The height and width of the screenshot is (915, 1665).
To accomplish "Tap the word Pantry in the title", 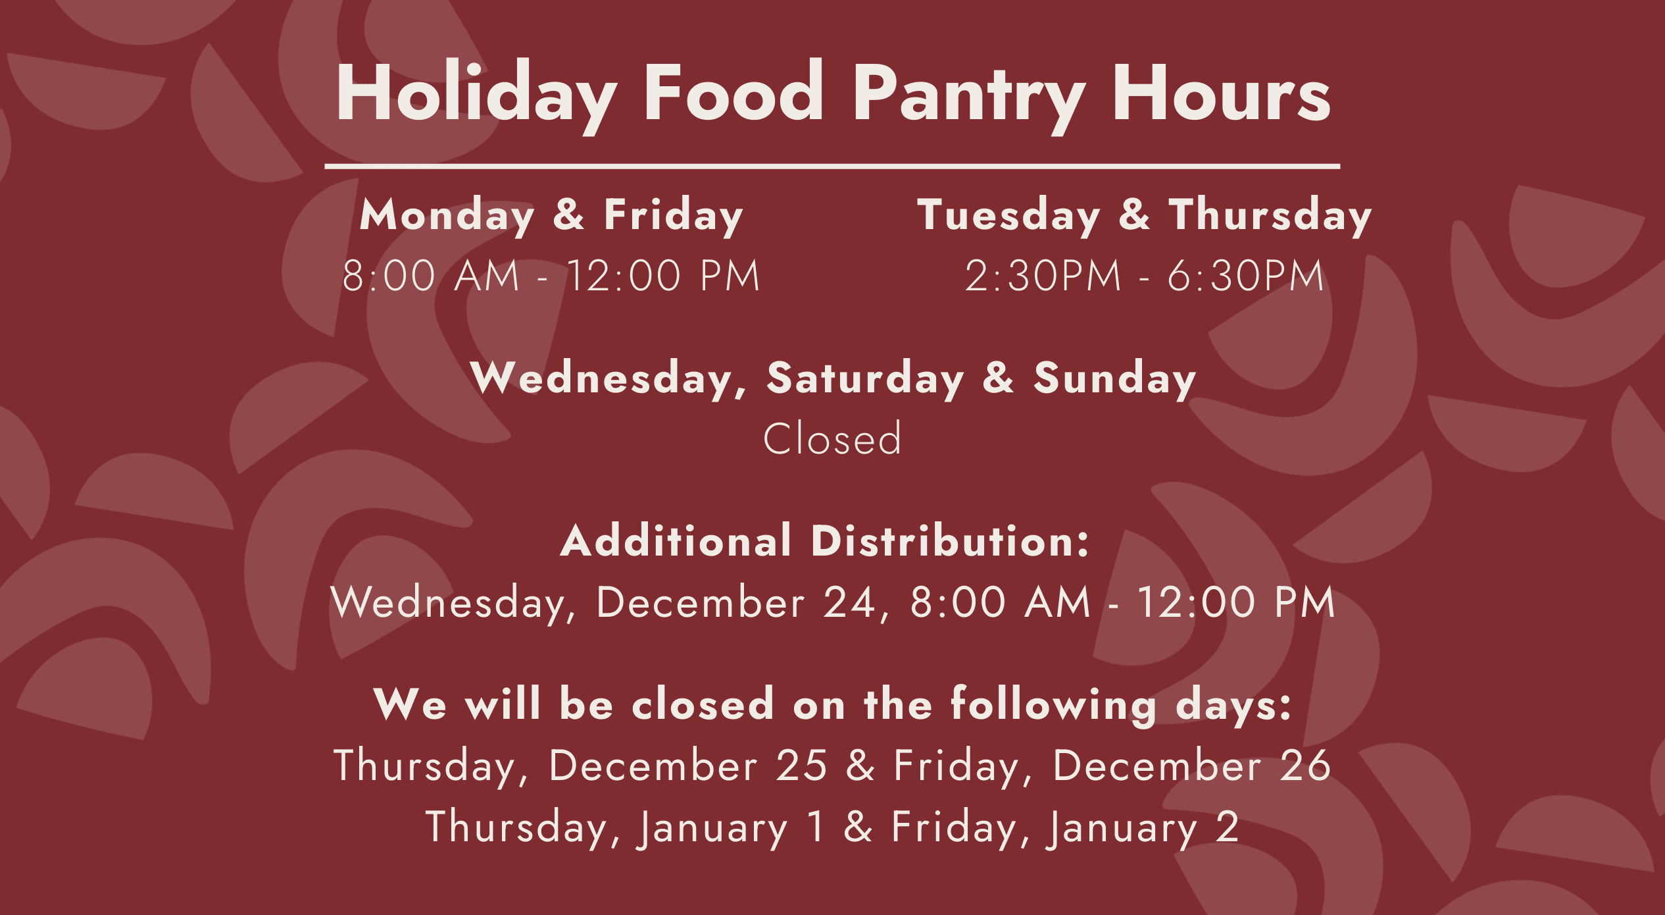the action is (970, 99).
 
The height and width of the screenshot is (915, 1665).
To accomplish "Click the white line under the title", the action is (832, 167).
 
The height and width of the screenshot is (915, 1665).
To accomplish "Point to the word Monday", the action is (447, 216).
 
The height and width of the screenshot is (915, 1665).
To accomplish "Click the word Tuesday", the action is (1008, 216).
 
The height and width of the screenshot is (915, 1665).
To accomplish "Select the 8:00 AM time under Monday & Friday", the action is (431, 275).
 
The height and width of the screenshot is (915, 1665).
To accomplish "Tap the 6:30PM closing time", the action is (1245, 275).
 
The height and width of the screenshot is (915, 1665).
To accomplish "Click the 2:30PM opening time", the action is (1043, 275).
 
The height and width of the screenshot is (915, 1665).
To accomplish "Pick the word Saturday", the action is (865, 379).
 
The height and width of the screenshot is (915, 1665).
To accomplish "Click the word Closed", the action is (832, 438).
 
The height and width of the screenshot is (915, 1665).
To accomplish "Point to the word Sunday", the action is (1114, 379).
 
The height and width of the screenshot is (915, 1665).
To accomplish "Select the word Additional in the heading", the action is (676, 541).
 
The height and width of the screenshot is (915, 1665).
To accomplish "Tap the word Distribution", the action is (951, 541).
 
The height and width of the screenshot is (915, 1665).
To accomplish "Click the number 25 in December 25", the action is (801, 766).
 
